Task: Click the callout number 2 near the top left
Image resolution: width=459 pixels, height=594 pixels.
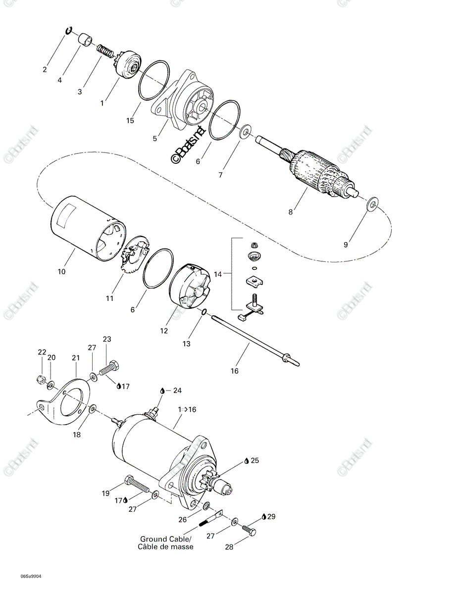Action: [45, 69]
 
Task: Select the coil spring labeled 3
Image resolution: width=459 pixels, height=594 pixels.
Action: [105, 51]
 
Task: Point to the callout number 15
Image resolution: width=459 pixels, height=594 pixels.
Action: [130, 120]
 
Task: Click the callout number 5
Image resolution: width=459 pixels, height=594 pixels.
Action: [154, 139]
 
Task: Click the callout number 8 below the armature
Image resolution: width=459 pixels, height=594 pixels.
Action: [290, 212]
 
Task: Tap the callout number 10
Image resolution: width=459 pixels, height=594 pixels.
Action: [62, 271]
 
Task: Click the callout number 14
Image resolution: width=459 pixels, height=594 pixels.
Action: [218, 274]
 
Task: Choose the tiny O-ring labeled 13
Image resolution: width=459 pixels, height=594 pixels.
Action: [204, 312]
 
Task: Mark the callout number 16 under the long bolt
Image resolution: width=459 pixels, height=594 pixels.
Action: [235, 371]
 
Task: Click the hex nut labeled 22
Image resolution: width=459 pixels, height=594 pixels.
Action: [41, 379]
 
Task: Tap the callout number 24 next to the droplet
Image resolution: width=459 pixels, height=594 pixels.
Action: [177, 391]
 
